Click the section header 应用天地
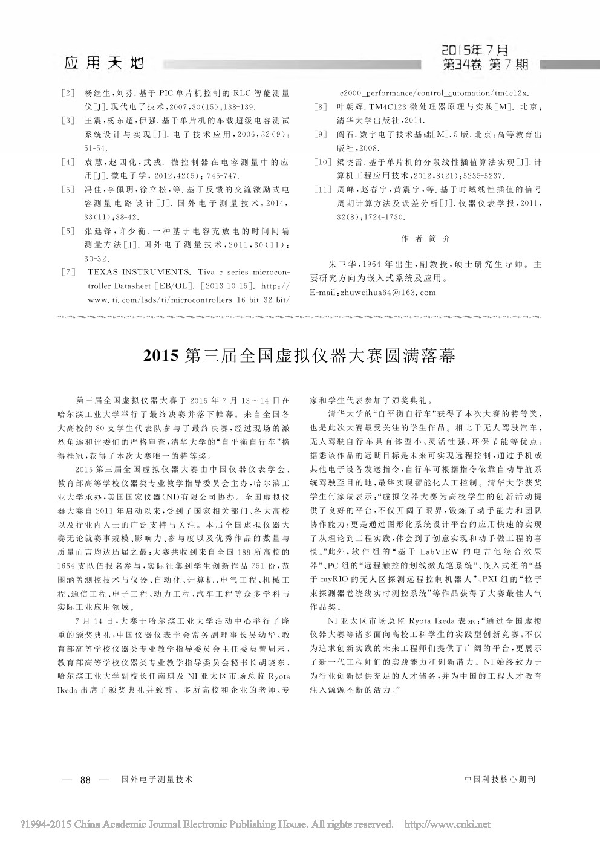(103, 62)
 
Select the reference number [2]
(68, 94)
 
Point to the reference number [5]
(68, 190)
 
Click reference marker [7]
(68, 273)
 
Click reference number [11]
(322, 189)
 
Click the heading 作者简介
(426, 238)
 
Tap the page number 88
(85, 780)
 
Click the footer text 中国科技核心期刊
(500, 780)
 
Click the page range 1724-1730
(381, 216)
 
